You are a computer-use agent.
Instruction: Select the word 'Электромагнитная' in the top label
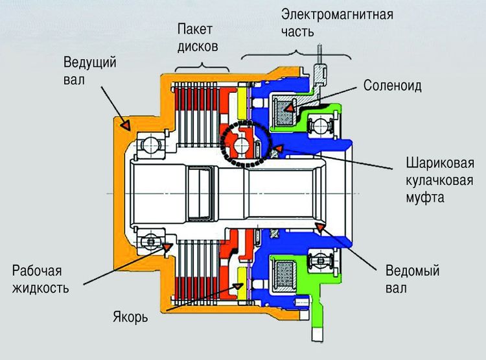[x=338, y=14]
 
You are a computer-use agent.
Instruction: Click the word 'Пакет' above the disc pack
[x=196, y=29]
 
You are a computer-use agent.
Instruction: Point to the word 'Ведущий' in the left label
[x=89, y=62]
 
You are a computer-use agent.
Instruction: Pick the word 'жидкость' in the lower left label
[x=40, y=287]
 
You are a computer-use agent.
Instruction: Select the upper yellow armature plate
[x=243, y=104]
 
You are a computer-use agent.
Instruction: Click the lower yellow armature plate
[x=243, y=278]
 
